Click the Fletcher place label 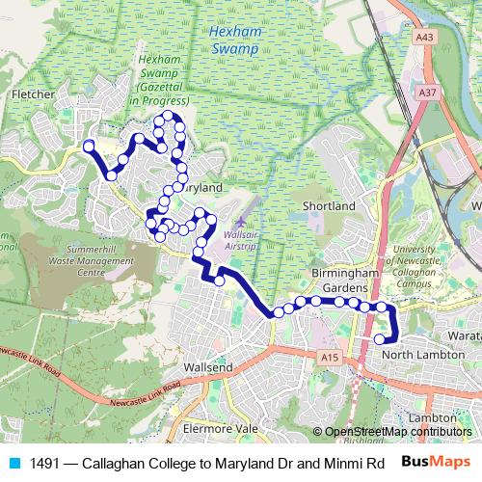pyautogui.click(x=32, y=94)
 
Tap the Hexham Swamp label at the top pyautogui.click(x=236, y=38)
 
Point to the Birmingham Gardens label pyautogui.click(x=341, y=281)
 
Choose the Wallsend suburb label pyautogui.click(x=208, y=367)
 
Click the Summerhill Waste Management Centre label pyautogui.click(x=90, y=261)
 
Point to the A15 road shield pyautogui.click(x=331, y=357)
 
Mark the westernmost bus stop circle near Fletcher pyautogui.click(x=89, y=147)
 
